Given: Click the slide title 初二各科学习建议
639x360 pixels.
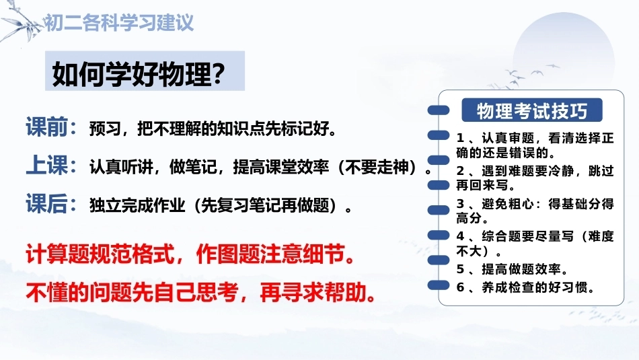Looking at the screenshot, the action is [x=118, y=23].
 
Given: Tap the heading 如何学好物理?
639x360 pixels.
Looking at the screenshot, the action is [x=139, y=74].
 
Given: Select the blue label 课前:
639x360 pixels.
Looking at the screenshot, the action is [x=51, y=127].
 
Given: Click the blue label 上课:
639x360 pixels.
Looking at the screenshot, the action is [x=51, y=166].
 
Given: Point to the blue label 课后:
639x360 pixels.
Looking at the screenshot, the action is [x=51, y=203].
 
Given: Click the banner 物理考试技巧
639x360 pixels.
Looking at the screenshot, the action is [x=532, y=110].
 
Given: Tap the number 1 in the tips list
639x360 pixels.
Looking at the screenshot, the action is [x=460, y=138].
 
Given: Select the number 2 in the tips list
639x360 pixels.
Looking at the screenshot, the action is [x=460, y=171].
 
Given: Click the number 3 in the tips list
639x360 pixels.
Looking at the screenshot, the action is [x=460, y=203].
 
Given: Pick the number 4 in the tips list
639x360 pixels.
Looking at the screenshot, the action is [x=460, y=236].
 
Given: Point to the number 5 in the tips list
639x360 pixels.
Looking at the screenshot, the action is [x=460, y=269].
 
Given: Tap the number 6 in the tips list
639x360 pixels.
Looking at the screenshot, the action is [x=460, y=287].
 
